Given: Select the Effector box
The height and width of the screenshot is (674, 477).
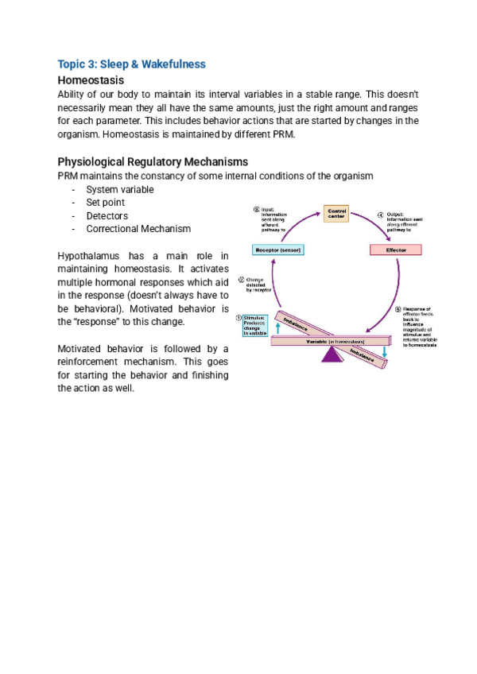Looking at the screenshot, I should click(x=395, y=250).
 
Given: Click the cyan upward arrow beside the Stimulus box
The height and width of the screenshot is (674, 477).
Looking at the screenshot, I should click(x=277, y=327).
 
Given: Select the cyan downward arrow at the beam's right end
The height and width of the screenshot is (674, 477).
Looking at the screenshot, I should click(x=384, y=351).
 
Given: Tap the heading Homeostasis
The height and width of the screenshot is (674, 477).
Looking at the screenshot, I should click(x=91, y=80).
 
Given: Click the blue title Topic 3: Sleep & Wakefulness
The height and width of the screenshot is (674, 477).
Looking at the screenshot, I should click(x=131, y=64).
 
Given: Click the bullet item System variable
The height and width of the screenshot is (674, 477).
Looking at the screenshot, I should click(x=120, y=189).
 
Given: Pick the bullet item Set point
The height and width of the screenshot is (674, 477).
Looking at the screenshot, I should click(x=106, y=203).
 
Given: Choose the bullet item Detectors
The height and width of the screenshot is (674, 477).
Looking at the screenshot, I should click(x=107, y=215).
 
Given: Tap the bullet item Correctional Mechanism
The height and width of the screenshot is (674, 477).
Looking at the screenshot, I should click(x=138, y=229).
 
